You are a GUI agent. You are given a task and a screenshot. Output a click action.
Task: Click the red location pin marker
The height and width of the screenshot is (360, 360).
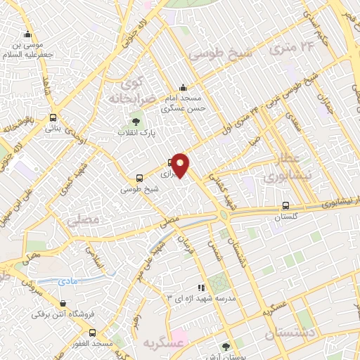point(181,165)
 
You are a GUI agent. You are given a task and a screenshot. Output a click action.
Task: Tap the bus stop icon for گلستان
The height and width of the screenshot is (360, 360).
point(285,206)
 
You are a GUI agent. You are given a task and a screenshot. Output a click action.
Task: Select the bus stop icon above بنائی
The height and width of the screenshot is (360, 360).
point(53,118)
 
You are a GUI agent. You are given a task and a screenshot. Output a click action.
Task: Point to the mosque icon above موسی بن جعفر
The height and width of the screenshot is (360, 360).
point(27,34)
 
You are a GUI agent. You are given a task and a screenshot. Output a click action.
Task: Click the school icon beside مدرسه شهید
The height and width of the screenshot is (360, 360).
point(201,288)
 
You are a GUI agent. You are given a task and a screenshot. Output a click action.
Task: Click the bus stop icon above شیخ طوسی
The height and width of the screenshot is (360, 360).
point(139,178)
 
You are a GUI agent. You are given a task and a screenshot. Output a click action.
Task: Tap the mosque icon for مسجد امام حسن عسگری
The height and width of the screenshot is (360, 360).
point(183,87)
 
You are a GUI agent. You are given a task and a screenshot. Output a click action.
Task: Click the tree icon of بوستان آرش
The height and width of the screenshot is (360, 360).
point(225,347)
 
